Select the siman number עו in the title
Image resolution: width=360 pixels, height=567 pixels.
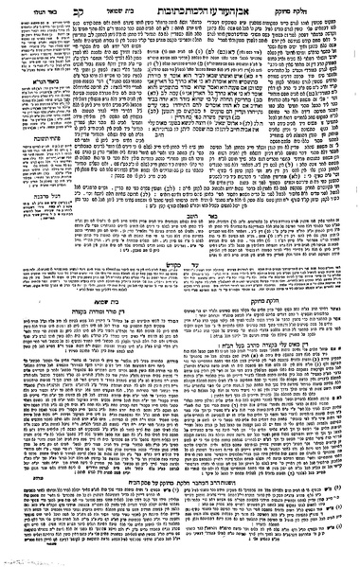tap(195, 17)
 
